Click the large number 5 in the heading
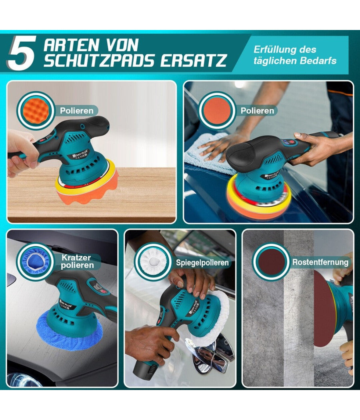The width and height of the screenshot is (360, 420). (22, 53)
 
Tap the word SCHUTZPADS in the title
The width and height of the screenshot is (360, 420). (99, 60)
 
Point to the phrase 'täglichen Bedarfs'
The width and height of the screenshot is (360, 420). (295, 60)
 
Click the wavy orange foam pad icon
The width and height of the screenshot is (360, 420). (36, 110)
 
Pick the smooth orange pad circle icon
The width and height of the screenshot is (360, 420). (217, 110)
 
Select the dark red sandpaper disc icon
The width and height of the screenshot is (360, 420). (271, 262)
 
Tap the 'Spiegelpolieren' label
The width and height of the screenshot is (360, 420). (202, 262)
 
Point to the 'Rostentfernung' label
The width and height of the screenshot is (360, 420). (320, 262)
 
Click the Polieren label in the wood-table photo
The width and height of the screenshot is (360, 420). (77, 111)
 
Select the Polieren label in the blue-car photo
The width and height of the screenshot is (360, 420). (257, 111)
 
